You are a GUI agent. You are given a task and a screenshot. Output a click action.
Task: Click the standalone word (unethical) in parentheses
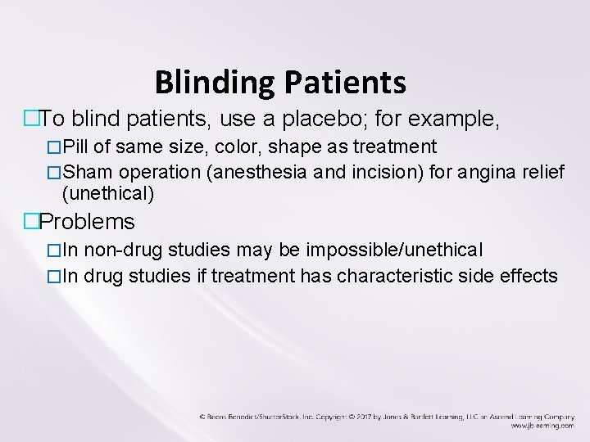(x=108, y=194)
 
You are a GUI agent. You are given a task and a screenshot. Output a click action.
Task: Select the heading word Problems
(x=87, y=222)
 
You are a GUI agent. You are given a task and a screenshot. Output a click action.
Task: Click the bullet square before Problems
(x=32, y=222)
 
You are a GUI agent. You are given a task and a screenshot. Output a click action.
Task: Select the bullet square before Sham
(x=54, y=173)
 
